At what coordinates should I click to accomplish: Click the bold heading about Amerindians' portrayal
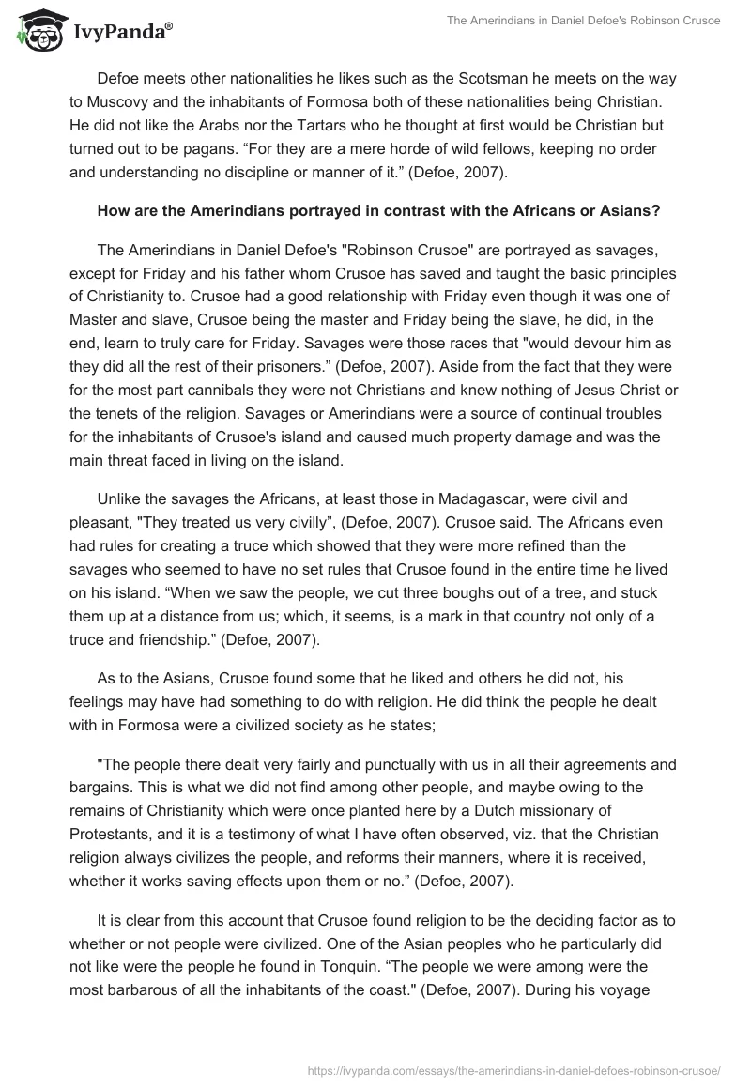pos(378,211)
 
